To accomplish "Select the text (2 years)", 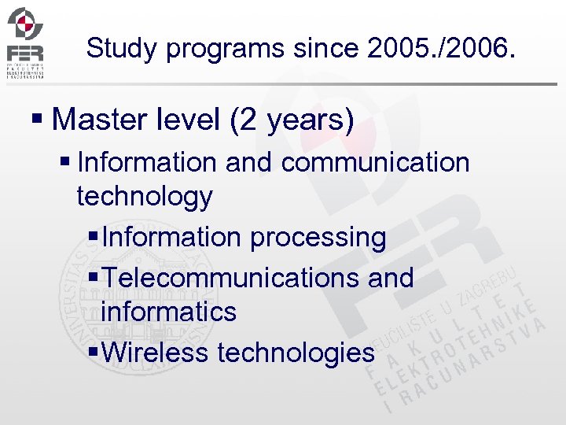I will pos(292,120).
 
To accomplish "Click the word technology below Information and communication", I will pos(145,197).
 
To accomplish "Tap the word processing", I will pos(318,237).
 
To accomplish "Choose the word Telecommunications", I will pos(224,277).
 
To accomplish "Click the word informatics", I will pos(168,312).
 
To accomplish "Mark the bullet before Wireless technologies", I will pos(94,353).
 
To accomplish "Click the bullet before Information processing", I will pos(94,237).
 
